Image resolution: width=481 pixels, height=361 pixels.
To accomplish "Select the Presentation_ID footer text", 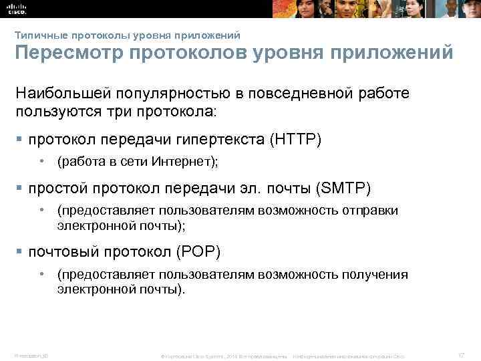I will coord(27,354).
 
